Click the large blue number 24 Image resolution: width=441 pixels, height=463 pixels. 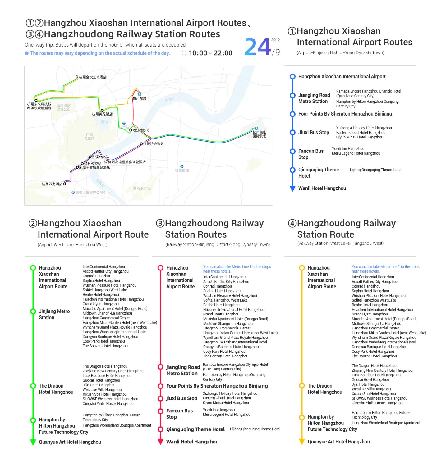[x=258, y=47]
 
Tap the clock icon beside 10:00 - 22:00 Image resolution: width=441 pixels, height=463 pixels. [x=184, y=53]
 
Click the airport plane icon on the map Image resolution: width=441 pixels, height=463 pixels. [x=256, y=128]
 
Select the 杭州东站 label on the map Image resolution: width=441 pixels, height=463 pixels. [x=139, y=98]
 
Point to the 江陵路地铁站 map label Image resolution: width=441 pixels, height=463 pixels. [x=153, y=144]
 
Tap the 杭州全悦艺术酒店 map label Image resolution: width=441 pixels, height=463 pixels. [x=93, y=77]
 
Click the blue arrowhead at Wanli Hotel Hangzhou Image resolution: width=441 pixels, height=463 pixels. [x=292, y=188]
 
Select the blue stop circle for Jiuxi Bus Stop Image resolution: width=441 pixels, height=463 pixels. [x=292, y=133]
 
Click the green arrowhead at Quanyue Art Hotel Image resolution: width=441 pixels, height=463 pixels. [x=33, y=442]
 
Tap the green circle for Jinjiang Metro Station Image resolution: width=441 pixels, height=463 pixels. [x=33, y=311]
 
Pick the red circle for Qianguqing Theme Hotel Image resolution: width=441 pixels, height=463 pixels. [x=160, y=429]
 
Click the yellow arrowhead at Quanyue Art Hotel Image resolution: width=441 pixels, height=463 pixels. [x=301, y=442]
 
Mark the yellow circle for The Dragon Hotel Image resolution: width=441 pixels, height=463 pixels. [x=301, y=386]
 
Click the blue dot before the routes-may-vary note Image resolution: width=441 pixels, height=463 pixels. [x=27, y=53]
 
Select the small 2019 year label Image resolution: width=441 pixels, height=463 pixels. [x=275, y=40]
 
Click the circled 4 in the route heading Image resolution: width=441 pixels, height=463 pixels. [x=292, y=224]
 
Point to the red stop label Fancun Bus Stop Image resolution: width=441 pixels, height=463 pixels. [x=179, y=414]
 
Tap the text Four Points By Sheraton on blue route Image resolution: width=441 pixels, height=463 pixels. [x=345, y=114]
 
